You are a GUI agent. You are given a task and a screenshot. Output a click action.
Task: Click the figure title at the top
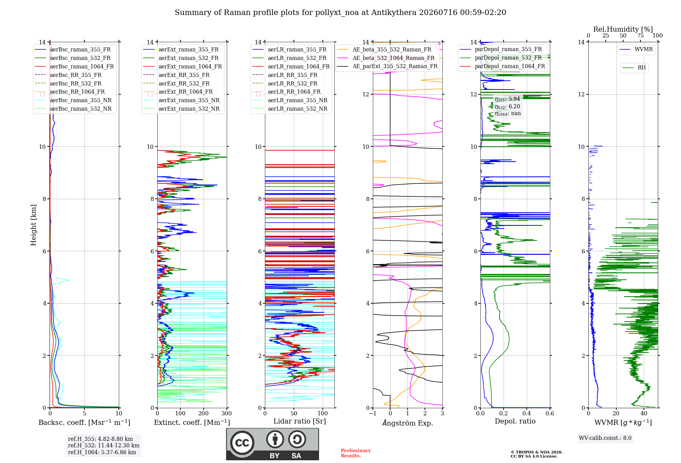coord(340,13)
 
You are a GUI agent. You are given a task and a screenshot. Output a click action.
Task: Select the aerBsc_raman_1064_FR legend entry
coord(74,66)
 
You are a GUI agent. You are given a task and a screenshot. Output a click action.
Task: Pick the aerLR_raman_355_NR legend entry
coord(290,100)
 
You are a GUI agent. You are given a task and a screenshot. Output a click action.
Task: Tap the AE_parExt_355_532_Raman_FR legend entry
coord(387,66)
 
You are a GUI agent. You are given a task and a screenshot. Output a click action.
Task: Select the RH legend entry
coord(634,68)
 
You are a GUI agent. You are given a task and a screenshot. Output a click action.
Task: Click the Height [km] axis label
coord(33,225)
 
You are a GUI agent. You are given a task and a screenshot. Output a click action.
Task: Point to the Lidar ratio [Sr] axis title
coord(300,421)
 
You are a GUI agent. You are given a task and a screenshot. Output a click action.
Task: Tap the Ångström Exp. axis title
coord(408,423)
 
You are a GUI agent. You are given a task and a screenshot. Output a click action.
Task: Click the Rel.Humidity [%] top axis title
coord(623,29)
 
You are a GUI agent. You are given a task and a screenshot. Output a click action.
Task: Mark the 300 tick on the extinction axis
coord(227,413)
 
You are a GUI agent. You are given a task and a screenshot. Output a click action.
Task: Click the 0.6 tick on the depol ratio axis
coord(550,413)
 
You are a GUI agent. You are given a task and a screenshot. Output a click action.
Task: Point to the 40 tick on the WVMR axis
coord(644,413)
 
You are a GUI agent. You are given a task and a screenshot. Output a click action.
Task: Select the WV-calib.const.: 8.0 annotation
coord(605,438)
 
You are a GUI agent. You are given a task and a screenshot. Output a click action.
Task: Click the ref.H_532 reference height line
coord(104,445)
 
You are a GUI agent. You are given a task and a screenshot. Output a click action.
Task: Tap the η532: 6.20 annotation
coord(507,107)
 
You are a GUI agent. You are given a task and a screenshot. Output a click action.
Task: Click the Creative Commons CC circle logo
coord(242,443)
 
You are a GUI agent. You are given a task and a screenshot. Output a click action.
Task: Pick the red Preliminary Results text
coord(356,453)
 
